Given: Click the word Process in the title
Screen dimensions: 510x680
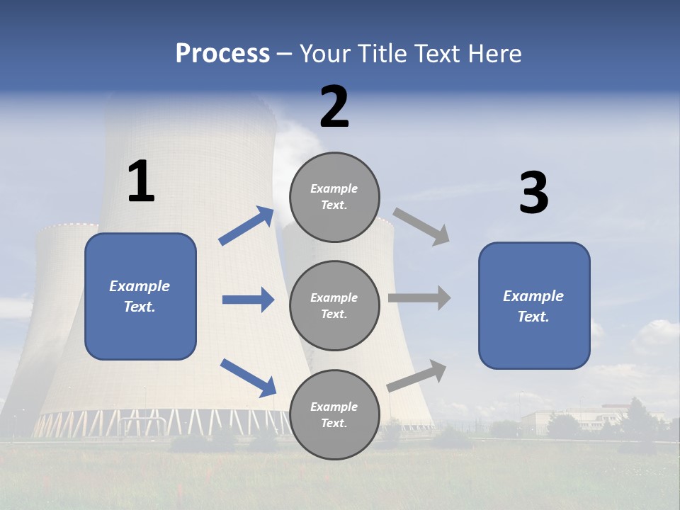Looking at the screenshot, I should point(222,54).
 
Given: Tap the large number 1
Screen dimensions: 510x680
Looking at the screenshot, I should point(141,182).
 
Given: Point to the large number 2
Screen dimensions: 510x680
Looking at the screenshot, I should point(334,108).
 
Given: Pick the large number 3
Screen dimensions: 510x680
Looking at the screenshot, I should point(533,193).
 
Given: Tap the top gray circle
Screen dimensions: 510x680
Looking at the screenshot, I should point(334,197).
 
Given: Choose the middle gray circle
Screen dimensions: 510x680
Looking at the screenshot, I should point(334,306).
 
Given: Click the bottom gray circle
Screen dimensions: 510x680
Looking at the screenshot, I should point(334,415).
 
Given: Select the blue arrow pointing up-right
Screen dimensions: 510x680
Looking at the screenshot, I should point(246,226).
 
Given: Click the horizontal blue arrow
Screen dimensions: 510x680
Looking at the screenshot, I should point(248,300).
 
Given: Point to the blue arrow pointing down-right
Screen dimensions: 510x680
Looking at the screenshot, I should point(248,378).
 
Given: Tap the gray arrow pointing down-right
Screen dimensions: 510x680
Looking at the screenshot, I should point(421,227).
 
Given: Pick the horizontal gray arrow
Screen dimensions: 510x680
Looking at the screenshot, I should point(419,297).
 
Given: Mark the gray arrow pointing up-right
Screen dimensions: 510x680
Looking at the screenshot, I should point(417,375).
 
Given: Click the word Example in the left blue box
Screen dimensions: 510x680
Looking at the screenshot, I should point(140,286).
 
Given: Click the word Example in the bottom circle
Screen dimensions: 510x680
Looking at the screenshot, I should point(334,407).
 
